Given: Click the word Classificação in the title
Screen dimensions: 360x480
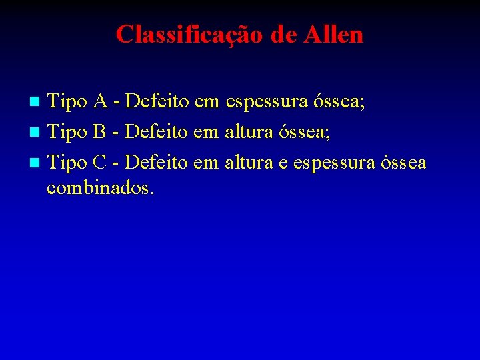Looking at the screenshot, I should (189, 34).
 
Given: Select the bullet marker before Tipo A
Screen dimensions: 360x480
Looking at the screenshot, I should (37, 102).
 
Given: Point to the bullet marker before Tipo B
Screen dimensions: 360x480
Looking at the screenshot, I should (37, 132).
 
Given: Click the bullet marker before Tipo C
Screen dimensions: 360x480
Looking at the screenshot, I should (37, 163).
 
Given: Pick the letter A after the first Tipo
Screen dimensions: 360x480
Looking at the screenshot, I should (101, 101).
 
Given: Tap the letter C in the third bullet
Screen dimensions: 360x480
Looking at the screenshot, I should (100, 162).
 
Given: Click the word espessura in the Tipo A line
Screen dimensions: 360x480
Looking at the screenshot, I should (267, 102).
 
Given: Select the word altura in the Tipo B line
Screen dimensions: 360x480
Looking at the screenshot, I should (249, 131).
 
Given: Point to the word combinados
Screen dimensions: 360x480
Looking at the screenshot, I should (100, 188).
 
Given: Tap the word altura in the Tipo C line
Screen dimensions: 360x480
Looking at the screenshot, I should (249, 162).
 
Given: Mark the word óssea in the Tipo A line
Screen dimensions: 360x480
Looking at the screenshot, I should (340, 102).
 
